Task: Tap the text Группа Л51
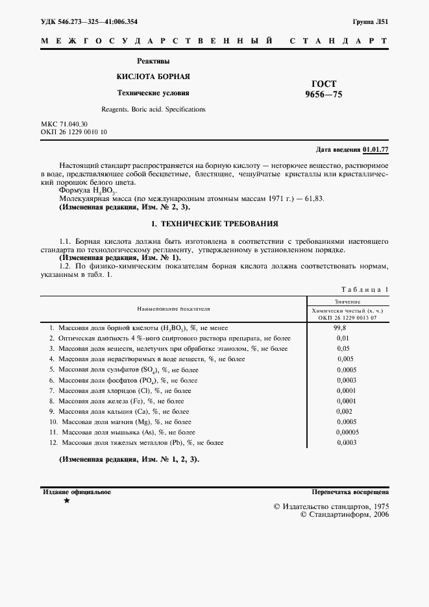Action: pos(371,21)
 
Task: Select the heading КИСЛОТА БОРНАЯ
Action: pos(153,76)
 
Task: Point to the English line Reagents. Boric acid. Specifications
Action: pos(153,109)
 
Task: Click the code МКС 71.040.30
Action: pos(64,123)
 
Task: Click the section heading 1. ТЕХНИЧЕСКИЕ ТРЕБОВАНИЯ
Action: pos(214,224)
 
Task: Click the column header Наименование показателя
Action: pos(173,310)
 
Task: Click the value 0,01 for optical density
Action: pos(343,339)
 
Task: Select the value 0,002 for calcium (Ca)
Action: pos(345,412)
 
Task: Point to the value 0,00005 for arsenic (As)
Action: pos(347,432)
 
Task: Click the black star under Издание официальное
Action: pos(66,501)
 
